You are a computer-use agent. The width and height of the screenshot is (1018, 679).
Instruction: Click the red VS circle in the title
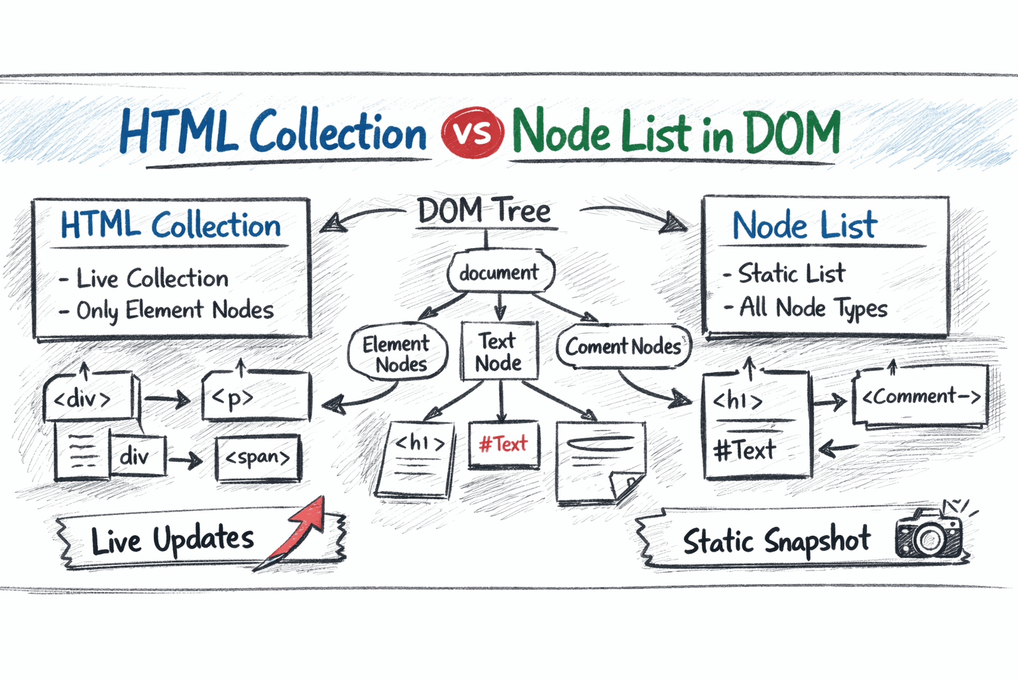pyautogui.click(x=472, y=133)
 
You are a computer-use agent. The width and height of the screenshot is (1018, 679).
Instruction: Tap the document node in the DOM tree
pyautogui.click(x=500, y=272)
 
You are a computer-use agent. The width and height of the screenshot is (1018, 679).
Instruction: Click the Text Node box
pyautogui.click(x=498, y=351)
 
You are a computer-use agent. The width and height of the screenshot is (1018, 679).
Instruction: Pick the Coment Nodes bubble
pyautogui.click(x=623, y=346)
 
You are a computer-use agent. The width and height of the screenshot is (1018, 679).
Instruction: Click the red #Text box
pyautogui.click(x=503, y=444)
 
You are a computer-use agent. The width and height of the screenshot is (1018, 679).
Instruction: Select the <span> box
pyautogui.click(x=258, y=458)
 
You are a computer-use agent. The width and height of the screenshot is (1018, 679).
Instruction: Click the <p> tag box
pyautogui.click(x=255, y=397)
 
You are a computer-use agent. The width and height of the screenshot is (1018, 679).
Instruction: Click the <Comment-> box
pyautogui.click(x=921, y=397)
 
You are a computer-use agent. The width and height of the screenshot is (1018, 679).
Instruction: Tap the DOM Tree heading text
pyautogui.click(x=484, y=212)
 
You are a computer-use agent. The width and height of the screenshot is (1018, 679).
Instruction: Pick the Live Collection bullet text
pyautogui.click(x=152, y=278)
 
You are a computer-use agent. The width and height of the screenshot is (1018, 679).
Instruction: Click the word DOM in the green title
pyautogui.click(x=793, y=133)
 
